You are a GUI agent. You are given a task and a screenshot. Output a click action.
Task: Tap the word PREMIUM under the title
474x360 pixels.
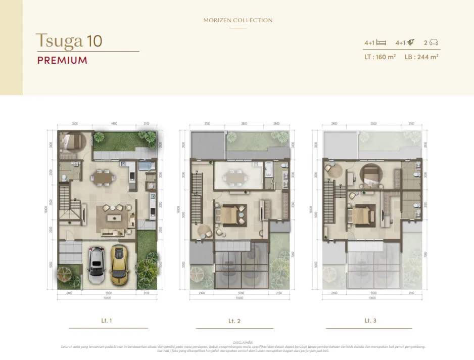[62, 61]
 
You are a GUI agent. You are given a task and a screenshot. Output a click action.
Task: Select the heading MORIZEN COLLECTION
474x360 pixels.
[238, 20]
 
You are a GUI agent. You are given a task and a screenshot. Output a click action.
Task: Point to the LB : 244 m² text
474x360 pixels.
[421, 57]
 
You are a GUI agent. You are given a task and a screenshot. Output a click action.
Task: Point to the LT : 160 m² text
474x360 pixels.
[380, 57]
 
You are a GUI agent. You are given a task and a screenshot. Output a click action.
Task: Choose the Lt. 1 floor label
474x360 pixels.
[107, 321]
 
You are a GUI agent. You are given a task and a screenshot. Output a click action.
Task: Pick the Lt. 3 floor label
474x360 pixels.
[370, 321]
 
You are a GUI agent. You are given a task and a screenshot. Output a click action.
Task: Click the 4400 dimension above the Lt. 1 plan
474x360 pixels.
[114, 123]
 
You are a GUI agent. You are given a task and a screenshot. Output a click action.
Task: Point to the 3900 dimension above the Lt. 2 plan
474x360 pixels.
[244, 123]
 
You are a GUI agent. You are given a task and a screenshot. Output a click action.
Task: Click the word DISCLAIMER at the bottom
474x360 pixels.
[243, 342]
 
